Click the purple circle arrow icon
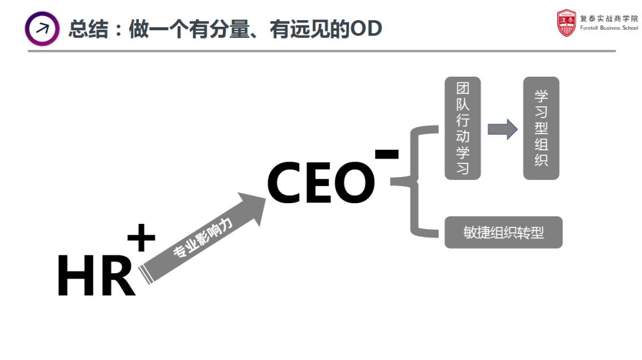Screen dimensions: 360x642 (x=42, y=29)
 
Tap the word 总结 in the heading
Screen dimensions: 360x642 (x=89, y=29)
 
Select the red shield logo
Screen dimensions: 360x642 (x=567, y=23)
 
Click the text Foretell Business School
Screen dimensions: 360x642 (x=609, y=28)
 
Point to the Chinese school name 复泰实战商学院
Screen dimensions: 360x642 (x=609, y=18)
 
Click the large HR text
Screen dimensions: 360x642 (x=96, y=276)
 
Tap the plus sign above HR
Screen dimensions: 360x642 (x=141, y=239)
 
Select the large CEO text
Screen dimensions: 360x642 (x=321, y=183)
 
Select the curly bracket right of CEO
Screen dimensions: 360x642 (x=416, y=182)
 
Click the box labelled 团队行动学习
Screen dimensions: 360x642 (x=462, y=128)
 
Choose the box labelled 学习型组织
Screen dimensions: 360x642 (x=541, y=128)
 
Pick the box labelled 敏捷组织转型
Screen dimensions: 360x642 (x=503, y=232)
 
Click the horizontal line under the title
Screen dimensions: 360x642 (x=321, y=51)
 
